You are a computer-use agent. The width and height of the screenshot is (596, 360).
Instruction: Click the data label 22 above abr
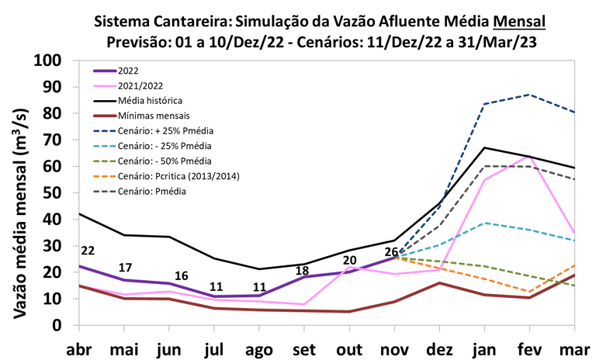[87, 250]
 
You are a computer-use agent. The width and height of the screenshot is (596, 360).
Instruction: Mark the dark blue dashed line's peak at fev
[528, 95]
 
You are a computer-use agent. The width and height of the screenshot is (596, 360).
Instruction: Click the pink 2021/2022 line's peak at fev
[528, 157]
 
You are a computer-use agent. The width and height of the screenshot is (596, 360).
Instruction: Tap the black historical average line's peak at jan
[484, 147]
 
